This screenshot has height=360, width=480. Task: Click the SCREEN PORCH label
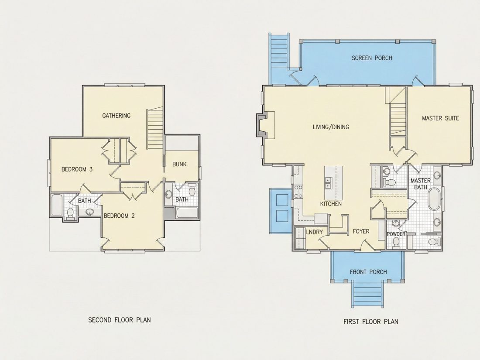pyautogui.click(x=372, y=58)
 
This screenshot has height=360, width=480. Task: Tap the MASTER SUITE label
pyautogui.click(x=441, y=118)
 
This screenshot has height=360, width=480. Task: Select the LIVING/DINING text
pyautogui.click(x=331, y=127)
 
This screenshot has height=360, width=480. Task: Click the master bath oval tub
pyautogui.click(x=433, y=199)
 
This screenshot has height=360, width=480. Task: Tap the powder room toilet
pyautogui.click(x=396, y=242)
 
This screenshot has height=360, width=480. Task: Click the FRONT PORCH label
pyautogui.click(x=368, y=272)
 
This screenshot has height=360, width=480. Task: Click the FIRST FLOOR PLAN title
pyautogui.click(x=371, y=322)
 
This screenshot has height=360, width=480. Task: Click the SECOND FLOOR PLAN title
pyautogui.click(x=120, y=320)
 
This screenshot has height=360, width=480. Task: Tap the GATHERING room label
pyautogui.click(x=117, y=116)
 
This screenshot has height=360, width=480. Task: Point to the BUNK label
pyautogui.click(x=179, y=165)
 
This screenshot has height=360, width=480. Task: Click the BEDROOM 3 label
pyautogui.click(x=77, y=169)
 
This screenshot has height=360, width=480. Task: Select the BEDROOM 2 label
pyautogui.click(x=119, y=216)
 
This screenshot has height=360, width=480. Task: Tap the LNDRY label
pyautogui.click(x=314, y=232)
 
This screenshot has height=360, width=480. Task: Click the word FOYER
pyautogui.click(x=361, y=231)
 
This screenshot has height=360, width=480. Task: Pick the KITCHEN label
pyautogui.click(x=331, y=204)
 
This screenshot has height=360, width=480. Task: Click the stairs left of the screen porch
pyautogui.click(x=278, y=52)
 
